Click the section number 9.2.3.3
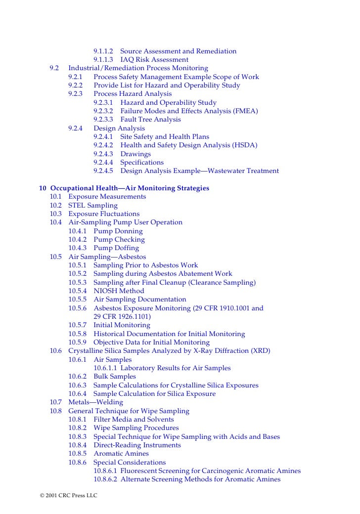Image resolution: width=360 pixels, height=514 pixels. coord(103,120)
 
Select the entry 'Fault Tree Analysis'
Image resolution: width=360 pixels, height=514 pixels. coord(150,120)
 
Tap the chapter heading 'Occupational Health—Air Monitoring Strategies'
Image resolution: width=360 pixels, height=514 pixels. coord(130,188)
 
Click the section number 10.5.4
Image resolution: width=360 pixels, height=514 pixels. coord(78,291)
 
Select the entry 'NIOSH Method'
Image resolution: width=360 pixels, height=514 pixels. coord(119,291)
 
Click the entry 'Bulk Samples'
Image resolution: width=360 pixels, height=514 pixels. coord(114,377)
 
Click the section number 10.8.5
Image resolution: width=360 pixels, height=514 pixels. coord(78,454)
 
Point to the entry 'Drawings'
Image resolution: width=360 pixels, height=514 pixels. coord(135,154)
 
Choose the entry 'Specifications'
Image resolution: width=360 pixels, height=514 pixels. coord(142,163)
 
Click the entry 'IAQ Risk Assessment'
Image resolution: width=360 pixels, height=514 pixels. coord(154,60)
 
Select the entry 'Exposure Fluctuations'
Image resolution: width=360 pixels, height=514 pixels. coord(104,214)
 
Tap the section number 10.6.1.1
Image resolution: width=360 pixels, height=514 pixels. coord(105,368)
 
